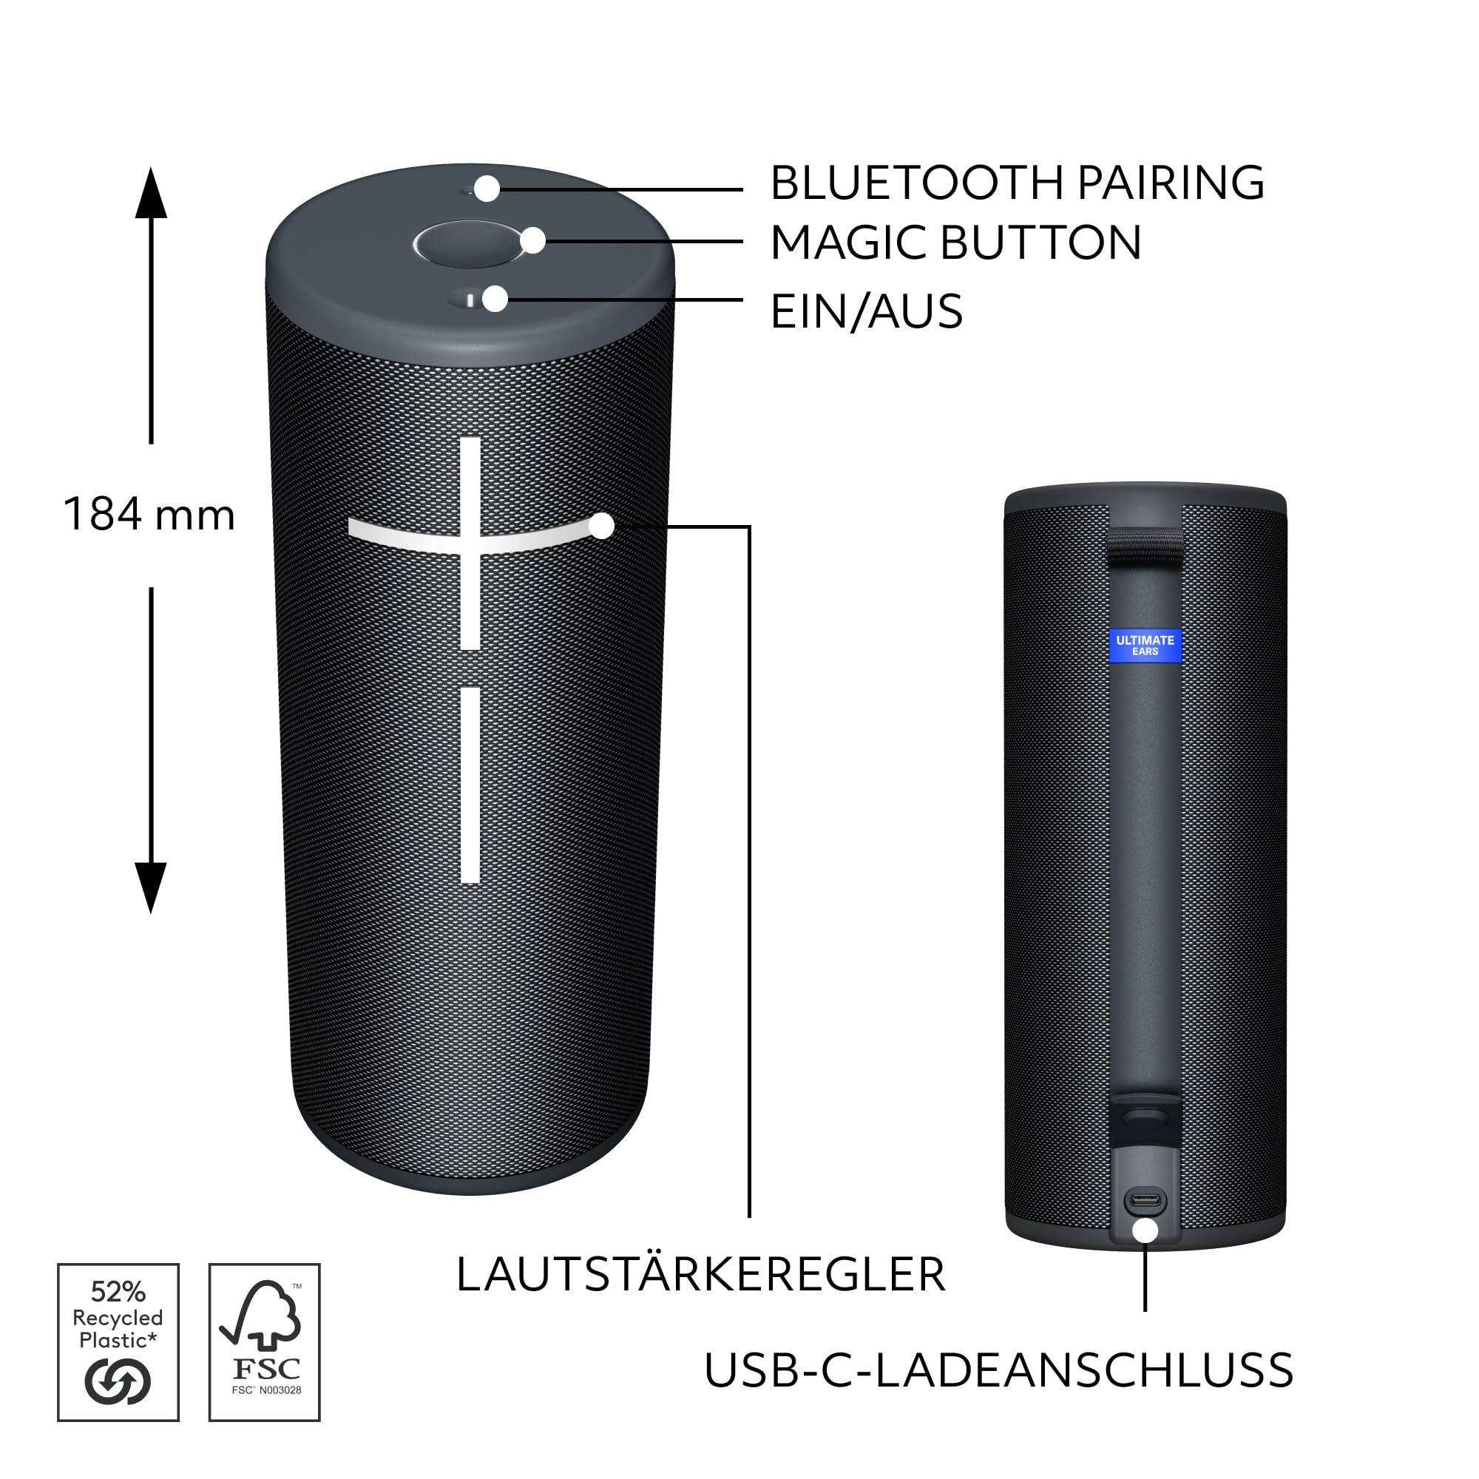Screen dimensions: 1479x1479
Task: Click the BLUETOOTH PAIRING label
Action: coord(1017,183)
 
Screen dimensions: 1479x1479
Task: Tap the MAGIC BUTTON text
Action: coord(955,243)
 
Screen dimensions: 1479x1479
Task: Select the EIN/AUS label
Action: coord(867,311)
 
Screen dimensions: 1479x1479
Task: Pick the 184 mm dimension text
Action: coord(149,514)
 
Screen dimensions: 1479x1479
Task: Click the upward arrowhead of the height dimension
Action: coord(151,193)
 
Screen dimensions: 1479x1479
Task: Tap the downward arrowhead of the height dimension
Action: coord(151,887)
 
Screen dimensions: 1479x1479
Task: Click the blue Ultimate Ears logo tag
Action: coord(1145,646)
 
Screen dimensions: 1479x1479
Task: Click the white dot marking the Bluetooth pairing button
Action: coord(487,189)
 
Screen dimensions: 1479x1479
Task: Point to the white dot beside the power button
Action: coord(496,299)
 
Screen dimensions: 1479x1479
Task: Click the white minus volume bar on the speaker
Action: coord(471,785)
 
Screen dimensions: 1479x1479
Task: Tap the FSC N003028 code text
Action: coord(265,1390)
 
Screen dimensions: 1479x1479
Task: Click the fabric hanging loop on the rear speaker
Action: coord(1145,544)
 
